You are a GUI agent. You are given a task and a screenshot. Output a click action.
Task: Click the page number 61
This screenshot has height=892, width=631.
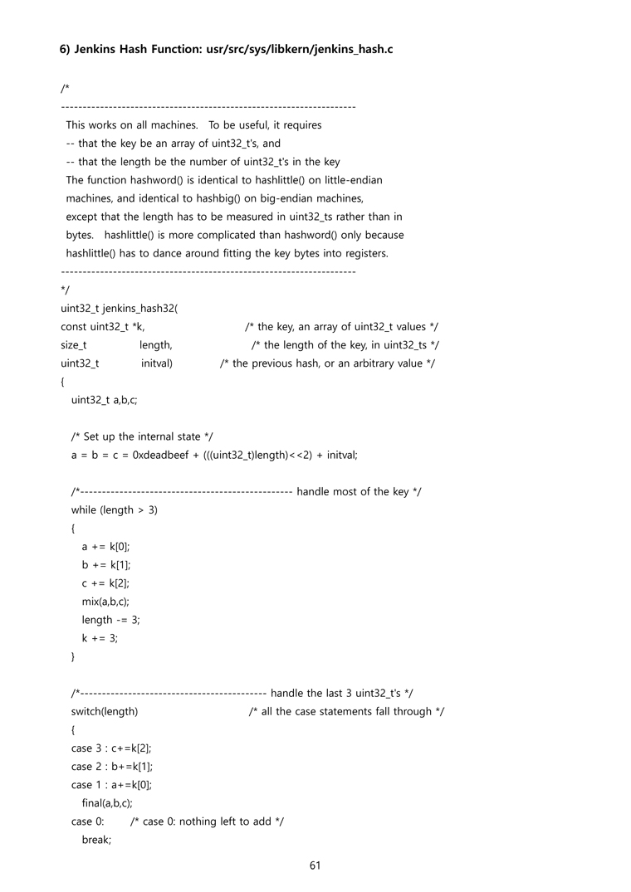point(315,865)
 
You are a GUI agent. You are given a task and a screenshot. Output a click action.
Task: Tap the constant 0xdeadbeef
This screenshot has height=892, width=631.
point(164,455)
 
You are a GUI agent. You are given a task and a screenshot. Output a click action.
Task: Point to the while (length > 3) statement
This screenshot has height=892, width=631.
point(115,509)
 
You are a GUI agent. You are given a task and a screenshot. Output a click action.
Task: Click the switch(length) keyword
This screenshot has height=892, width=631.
point(105,711)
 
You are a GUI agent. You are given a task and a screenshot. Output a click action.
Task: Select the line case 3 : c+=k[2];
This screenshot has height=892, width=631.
point(111,748)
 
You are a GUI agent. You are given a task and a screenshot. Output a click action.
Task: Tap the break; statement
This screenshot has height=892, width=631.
point(96,839)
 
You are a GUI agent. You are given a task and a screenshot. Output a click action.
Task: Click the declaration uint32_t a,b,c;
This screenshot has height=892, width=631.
point(105,400)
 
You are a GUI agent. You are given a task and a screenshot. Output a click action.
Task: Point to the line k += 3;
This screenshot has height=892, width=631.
point(100,638)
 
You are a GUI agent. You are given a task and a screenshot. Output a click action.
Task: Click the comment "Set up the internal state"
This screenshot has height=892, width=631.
point(143,436)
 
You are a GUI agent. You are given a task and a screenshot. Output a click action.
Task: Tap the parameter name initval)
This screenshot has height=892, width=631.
point(157,363)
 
